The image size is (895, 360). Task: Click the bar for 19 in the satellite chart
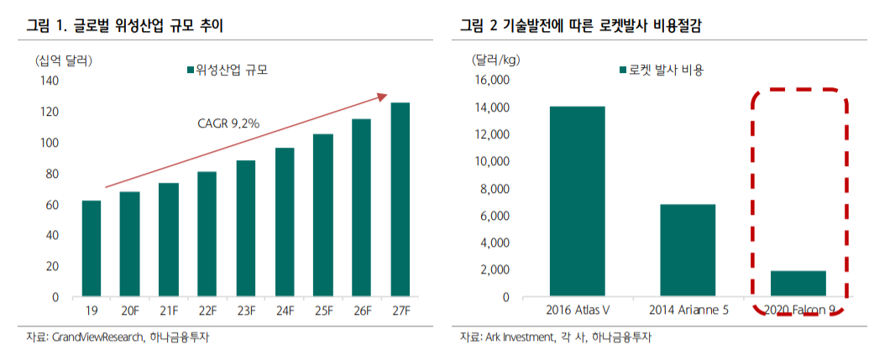pos(92,249)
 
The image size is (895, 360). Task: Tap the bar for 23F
pos(246,228)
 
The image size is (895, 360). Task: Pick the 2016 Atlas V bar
pos(577,201)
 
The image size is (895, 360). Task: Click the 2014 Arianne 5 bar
pos(688,250)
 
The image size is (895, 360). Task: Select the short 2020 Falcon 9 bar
pos(798,284)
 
